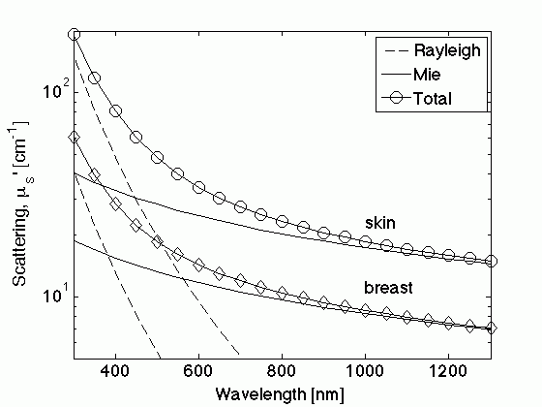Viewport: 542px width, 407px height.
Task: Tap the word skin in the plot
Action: [378, 223]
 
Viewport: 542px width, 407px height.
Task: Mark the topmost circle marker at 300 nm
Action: [74, 35]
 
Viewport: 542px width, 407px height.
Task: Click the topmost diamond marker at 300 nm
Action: [74, 138]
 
